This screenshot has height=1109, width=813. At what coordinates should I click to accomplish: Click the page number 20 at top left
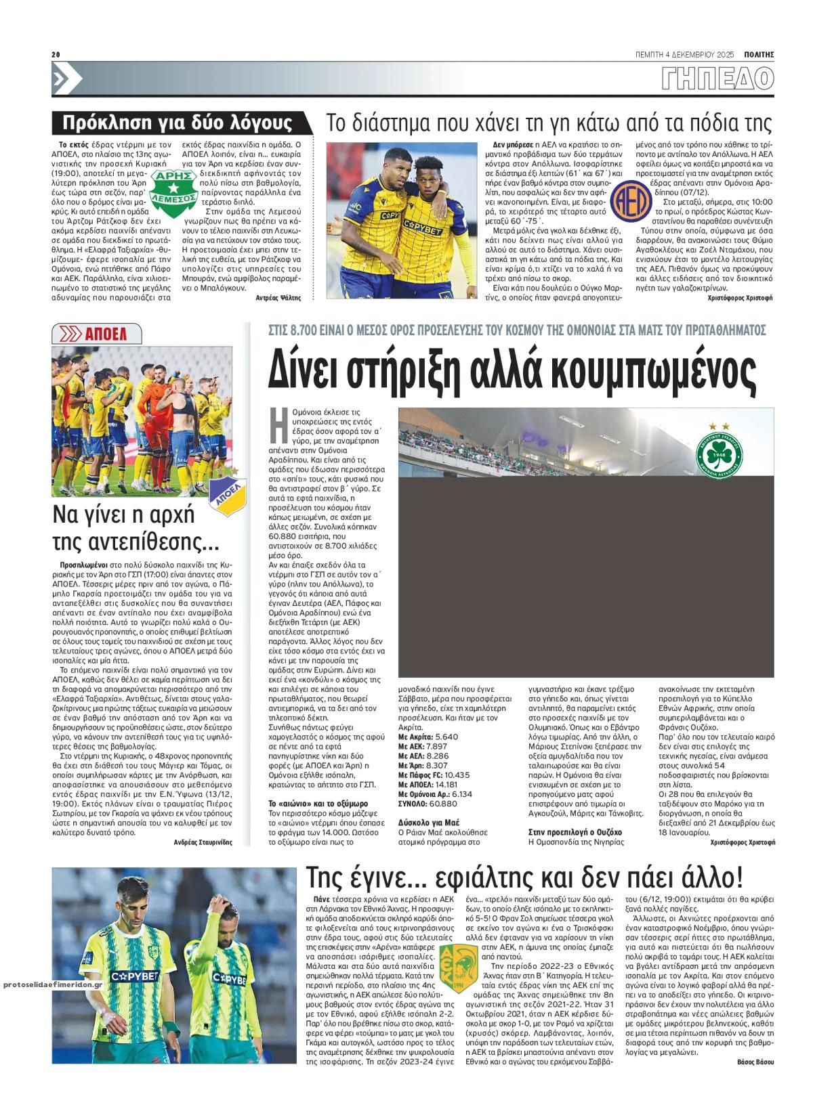(56, 55)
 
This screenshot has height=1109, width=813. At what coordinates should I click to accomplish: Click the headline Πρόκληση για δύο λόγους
(178, 123)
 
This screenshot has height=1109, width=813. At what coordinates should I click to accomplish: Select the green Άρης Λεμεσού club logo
(175, 186)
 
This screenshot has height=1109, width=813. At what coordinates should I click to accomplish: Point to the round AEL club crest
(627, 198)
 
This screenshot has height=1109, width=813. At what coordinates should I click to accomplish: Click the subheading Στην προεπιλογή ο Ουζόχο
(575, 831)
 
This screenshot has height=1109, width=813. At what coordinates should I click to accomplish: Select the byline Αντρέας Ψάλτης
(278, 297)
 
